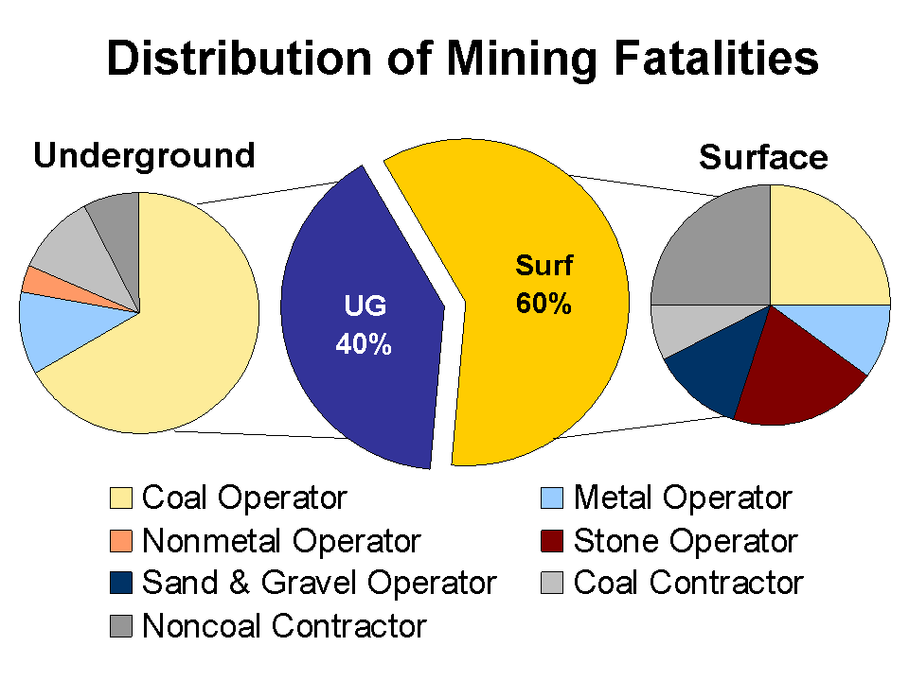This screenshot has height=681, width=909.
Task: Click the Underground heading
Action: [x=144, y=155]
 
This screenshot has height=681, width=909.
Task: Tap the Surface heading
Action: [x=763, y=158]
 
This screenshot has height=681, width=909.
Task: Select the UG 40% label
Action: [x=364, y=326]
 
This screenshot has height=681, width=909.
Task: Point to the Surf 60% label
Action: [x=544, y=285]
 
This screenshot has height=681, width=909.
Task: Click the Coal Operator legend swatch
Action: [x=122, y=498]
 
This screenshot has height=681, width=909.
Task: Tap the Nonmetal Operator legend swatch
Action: [x=122, y=541]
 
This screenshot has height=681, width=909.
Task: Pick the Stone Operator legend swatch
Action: [x=554, y=541]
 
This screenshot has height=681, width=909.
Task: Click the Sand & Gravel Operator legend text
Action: [x=318, y=583]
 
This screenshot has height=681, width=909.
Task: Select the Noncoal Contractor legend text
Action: [x=284, y=625]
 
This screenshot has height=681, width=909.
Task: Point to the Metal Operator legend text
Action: [x=682, y=498]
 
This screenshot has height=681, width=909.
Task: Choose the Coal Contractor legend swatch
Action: [x=554, y=583]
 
